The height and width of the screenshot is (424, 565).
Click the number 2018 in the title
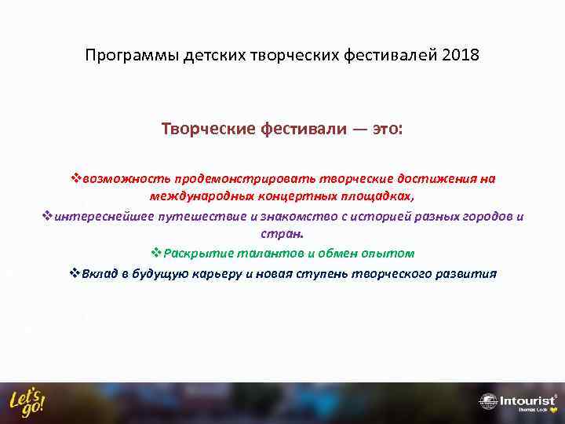(461, 57)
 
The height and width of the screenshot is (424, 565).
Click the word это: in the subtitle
(384, 128)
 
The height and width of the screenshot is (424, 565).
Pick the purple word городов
(480, 217)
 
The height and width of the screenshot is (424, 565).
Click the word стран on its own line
(281, 234)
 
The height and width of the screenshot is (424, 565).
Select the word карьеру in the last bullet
(228, 274)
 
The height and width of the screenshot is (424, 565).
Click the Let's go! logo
(27, 401)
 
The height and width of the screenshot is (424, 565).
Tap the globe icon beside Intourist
(488, 401)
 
